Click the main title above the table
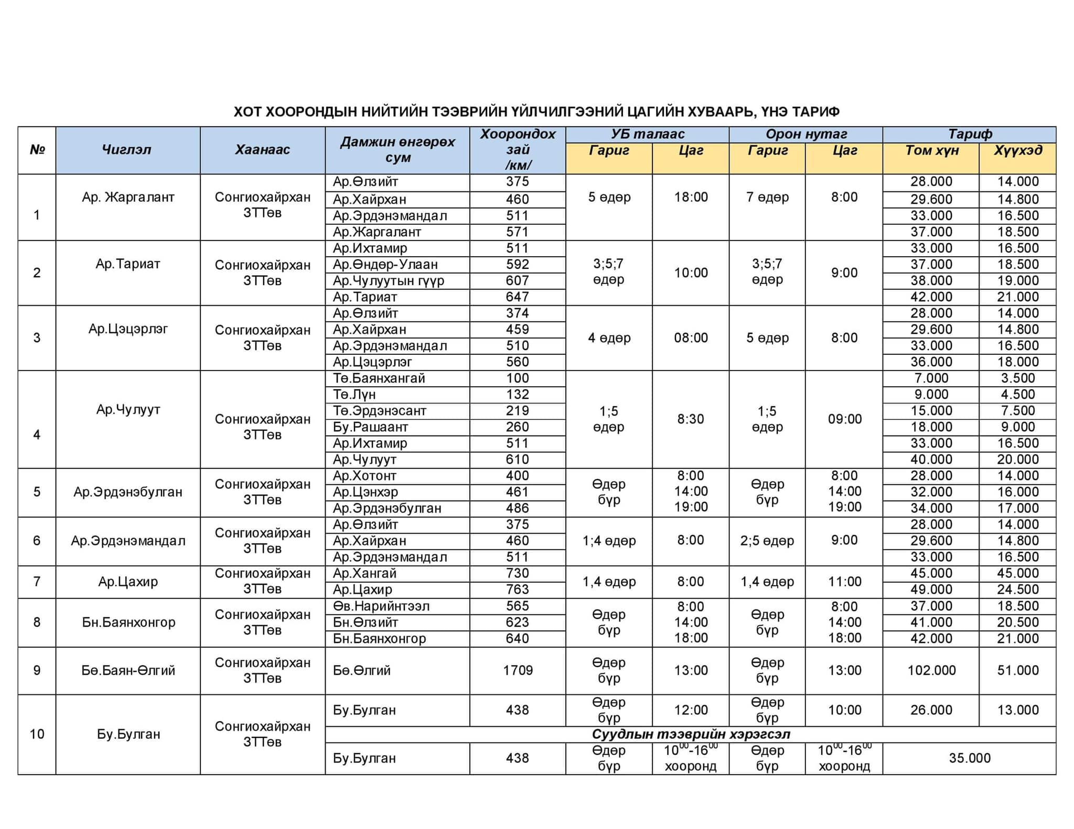536,112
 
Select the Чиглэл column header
126,150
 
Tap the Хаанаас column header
262,150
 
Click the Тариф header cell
969,134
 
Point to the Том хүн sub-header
931,151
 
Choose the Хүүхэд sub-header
1017,151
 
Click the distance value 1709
518,670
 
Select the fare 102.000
931,670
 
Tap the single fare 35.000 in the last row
969,758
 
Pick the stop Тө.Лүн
355,395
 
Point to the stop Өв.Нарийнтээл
381,606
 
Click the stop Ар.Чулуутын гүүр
389,281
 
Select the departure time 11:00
844,582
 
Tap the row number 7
37,582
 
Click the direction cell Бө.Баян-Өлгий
128,670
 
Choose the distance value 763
518,590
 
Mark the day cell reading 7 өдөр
767,198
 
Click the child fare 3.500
1017,378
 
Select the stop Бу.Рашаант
370,427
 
